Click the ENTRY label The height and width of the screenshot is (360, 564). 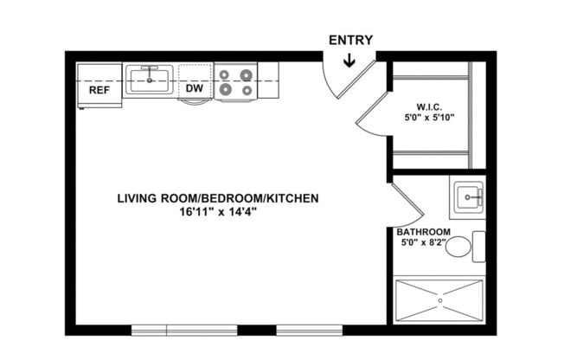coord(350,40)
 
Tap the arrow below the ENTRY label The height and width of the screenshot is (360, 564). coord(349,60)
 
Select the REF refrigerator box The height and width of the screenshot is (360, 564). coord(99,87)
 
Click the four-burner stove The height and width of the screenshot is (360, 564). coord(235,81)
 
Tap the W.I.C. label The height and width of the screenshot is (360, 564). coord(430,106)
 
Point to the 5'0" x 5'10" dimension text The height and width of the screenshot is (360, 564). coord(430,118)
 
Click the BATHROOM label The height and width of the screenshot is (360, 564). coord(424,232)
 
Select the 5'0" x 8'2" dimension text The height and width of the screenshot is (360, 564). coord(424,243)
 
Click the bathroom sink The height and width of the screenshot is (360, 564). coord(467,198)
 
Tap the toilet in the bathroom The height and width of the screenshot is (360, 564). coord(464,247)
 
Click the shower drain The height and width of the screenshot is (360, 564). coord(439,299)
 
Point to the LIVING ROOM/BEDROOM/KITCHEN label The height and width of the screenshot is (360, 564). coord(218,198)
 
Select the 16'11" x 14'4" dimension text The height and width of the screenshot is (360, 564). coord(218,210)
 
